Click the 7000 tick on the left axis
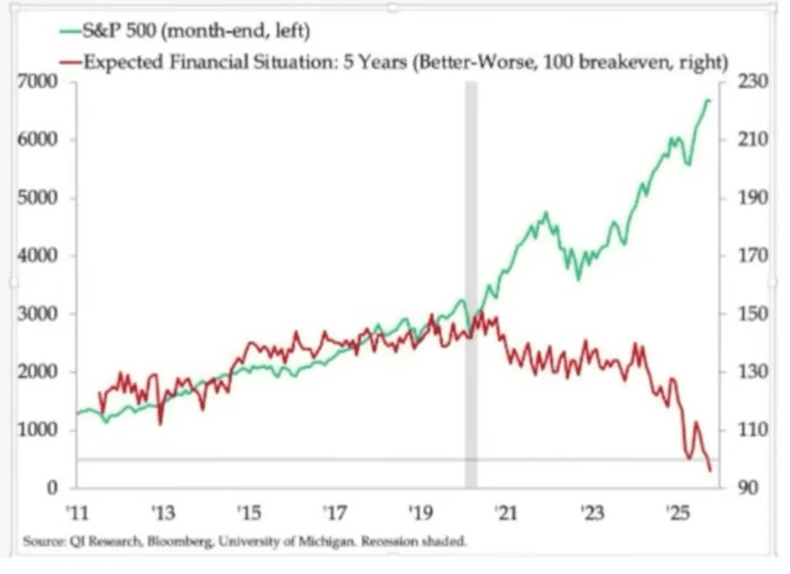click(41, 82)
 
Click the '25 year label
click(677, 512)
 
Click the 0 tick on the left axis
click(53, 488)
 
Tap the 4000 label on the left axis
click(41, 256)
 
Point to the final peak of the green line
click(708, 101)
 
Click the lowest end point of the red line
click(710, 471)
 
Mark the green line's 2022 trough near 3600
click(578, 279)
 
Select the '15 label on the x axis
click(248, 512)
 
